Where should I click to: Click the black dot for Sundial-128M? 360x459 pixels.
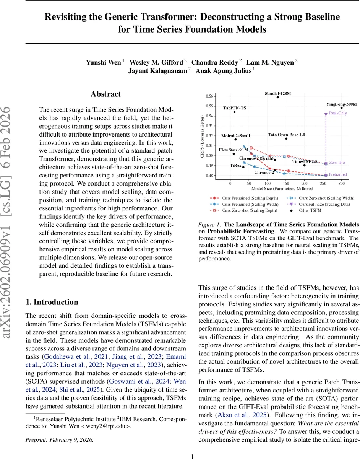[x=278, y=97]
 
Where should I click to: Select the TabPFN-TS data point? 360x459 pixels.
[x=235, y=112]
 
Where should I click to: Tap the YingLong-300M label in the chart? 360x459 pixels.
[x=341, y=104]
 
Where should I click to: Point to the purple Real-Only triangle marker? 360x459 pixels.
[x=326, y=114]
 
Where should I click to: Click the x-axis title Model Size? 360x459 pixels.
[x=282, y=189]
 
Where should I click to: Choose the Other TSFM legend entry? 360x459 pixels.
[x=310, y=210]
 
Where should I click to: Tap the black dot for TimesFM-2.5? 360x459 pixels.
[x=304, y=165]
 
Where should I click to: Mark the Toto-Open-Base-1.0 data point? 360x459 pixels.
[x=286, y=138]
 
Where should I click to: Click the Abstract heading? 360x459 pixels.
[x=105, y=94]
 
